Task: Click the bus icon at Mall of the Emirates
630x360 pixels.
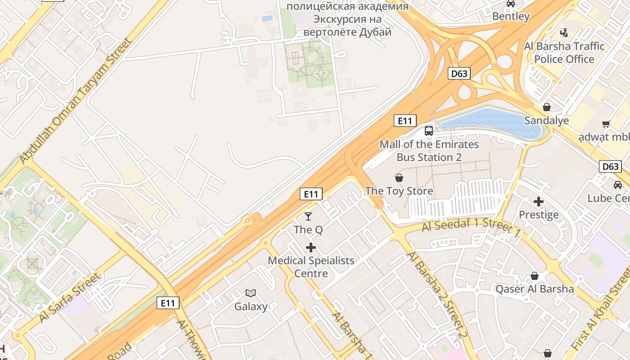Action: pyautogui.click(x=429, y=131)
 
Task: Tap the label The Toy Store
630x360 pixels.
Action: pyautogui.click(x=399, y=191)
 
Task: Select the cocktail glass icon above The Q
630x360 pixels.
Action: pyautogui.click(x=308, y=216)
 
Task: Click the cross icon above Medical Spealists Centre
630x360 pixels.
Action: pyautogui.click(x=310, y=247)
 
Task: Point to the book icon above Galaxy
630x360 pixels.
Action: pyautogui.click(x=251, y=293)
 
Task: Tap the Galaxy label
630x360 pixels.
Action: pyautogui.click(x=251, y=306)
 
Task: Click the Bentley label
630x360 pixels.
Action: pyautogui.click(x=511, y=17)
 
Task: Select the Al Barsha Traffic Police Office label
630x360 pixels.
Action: pyautogui.click(x=564, y=53)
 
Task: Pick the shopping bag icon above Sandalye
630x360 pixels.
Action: pyautogui.click(x=547, y=107)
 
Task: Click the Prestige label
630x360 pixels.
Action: pyautogui.click(x=539, y=215)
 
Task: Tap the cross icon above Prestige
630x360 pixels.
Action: pyautogui.click(x=539, y=201)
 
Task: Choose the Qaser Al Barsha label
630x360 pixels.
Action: pyautogui.click(x=535, y=289)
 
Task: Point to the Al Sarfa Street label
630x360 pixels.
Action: pyautogui.click(x=70, y=297)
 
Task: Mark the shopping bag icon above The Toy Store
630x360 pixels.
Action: pyautogui.click(x=399, y=178)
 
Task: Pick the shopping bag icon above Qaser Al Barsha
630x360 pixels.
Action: pyautogui.click(x=535, y=276)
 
